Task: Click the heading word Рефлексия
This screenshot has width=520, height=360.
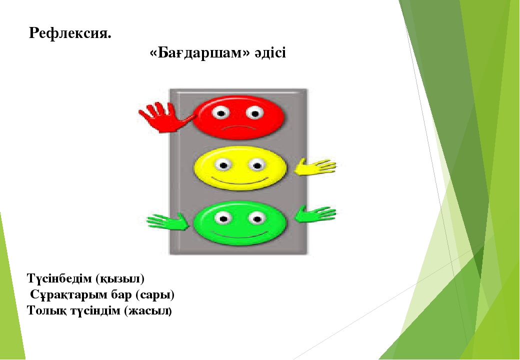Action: click(70, 33)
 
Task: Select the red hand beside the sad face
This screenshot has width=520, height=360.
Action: click(166, 117)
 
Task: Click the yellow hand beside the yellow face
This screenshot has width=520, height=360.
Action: click(315, 166)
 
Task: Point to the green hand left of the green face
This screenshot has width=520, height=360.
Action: click(168, 221)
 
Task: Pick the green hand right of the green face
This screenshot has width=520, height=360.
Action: click(315, 214)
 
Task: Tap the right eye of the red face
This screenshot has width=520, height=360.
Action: click(254, 113)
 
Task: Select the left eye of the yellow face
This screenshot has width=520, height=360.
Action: click(223, 165)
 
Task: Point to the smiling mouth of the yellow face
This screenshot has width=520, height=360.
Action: click(239, 181)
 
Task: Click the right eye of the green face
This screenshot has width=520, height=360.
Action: click(257, 218)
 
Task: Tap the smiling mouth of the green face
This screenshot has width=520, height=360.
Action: click(239, 234)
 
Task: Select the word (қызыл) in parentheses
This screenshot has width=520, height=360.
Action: click(120, 279)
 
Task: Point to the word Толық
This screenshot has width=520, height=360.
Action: click(47, 311)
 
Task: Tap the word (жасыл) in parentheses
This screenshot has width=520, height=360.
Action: click(148, 311)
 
